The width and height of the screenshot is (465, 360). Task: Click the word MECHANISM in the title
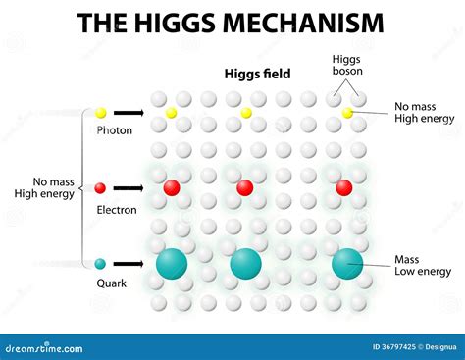300,23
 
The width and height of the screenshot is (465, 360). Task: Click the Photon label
114,130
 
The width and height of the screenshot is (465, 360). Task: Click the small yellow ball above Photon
101,113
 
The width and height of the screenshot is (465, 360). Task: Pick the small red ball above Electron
101,188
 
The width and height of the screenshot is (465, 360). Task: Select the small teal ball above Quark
101,263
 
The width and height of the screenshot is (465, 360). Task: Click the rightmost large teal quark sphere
346,263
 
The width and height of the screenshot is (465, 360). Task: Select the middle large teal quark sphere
245,263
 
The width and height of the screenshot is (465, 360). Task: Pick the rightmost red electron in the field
343,187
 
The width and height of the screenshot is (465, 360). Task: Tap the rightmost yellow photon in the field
347,113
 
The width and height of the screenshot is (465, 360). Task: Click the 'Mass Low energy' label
423,265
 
